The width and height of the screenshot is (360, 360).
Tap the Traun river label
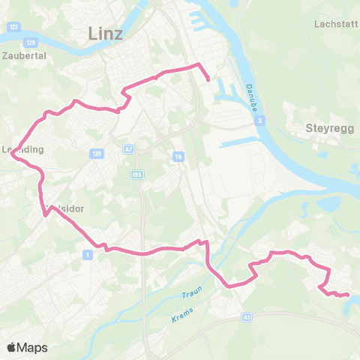pyautogui.click(x=192, y=294)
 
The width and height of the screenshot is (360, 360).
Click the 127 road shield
pyautogui.click(x=13, y=26)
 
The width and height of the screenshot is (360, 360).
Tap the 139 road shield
pyautogui.click(x=96, y=154)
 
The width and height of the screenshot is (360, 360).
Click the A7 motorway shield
pyautogui.click(x=129, y=148)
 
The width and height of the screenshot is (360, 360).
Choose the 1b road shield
pyautogui.click(x=178, y=156)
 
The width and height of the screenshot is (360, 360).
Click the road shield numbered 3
pyautogui.click(x=258, y=120)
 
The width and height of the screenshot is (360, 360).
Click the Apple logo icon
pyautogui.click(x=11, y=347)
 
